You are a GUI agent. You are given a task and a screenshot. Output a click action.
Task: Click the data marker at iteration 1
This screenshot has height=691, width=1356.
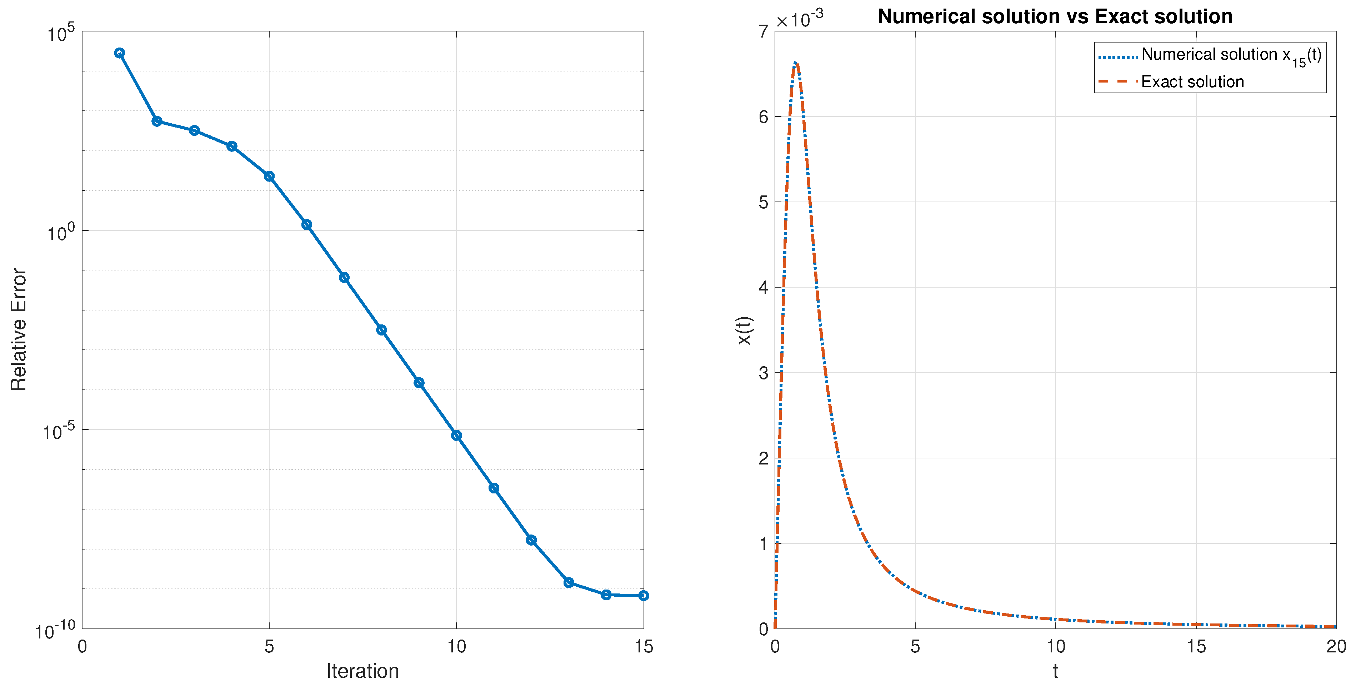coord(120,53)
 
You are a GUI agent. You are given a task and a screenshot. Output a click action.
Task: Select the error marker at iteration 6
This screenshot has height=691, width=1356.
coord(306,225)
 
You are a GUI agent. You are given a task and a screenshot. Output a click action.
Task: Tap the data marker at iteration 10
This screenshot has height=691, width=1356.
coord(456,436)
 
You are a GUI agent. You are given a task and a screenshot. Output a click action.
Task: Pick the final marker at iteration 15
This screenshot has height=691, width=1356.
coord(643,596)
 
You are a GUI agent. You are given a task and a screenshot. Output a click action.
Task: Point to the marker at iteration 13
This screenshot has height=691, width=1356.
coord(569,582)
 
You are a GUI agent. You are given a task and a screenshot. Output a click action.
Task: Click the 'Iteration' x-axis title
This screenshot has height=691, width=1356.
coord(363,671)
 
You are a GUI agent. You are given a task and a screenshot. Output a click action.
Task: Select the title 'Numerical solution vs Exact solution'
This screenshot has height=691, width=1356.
coord(1055,16)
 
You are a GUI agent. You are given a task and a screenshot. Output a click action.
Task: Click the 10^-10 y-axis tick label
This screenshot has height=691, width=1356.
coord(55,630)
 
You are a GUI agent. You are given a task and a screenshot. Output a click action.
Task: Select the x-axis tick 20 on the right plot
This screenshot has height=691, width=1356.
coord(1336,646)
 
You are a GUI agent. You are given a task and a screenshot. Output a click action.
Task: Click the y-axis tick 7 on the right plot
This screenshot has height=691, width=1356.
coord(763,31)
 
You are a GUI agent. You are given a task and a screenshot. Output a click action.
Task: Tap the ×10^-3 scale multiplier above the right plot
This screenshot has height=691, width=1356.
coord(800,20)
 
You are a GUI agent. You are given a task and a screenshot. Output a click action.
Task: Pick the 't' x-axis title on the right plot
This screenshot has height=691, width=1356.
coord(1055,671)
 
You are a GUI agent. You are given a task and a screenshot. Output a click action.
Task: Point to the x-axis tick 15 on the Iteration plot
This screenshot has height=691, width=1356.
coord(643,646)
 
